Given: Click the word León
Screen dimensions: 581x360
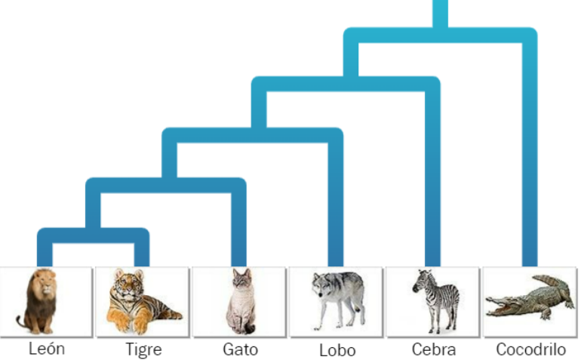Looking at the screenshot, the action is coord(47,349).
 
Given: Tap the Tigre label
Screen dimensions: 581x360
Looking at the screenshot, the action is coord(144,349).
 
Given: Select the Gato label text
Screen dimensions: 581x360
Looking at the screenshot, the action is coord(241,349).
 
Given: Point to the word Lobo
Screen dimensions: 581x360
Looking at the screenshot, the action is coord(337,350).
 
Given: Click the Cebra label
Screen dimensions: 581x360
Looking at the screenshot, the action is coord(434,349).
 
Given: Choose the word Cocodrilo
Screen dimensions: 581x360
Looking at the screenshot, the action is coord(531,349).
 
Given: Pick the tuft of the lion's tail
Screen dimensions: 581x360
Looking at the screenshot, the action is coord(20,322).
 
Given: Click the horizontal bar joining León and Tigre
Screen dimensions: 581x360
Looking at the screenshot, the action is coord(94,235).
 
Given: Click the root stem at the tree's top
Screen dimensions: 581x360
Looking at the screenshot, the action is coord(440,14).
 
